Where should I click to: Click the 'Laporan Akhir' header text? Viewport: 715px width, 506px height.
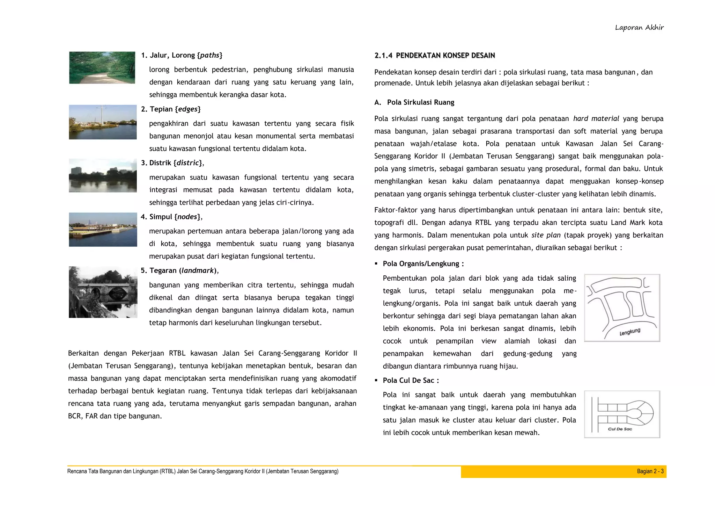click(639, 28)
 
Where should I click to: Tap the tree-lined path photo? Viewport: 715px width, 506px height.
click(102, 68)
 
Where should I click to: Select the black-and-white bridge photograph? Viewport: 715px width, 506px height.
click(103, 292)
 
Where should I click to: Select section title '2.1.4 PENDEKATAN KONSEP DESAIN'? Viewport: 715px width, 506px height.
click(435, 55)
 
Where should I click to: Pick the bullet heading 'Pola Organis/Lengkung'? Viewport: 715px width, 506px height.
click(423, 264)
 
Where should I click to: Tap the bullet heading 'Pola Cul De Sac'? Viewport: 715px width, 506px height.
click(411, 381)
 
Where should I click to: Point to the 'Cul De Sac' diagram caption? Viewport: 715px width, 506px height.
click(620, 429)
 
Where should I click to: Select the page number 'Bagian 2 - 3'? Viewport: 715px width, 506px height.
click(650, 471)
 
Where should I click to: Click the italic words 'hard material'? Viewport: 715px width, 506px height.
click(596, 119)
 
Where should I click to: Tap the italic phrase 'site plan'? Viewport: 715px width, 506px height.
click(546, 235)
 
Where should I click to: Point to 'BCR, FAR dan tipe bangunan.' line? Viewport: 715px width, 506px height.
click(115, 416)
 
